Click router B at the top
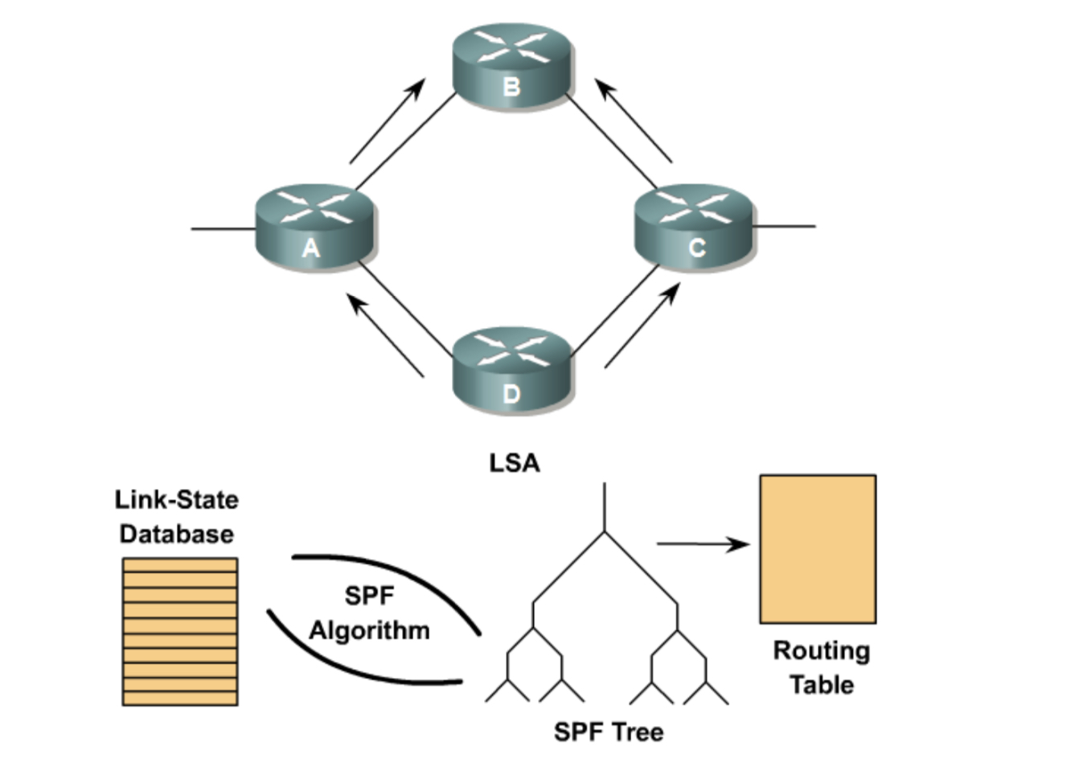click(511, 66)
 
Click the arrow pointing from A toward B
click(387, 121)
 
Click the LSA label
click(515, 463)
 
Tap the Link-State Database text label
click(177, 517)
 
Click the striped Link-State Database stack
click(180, 632)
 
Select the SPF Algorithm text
click(369, 613)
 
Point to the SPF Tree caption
click(609, 732)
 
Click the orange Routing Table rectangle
click(818, 549)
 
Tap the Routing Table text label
click(821, 667)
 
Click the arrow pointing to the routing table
click(703, 544)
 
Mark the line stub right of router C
click(784, 226)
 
